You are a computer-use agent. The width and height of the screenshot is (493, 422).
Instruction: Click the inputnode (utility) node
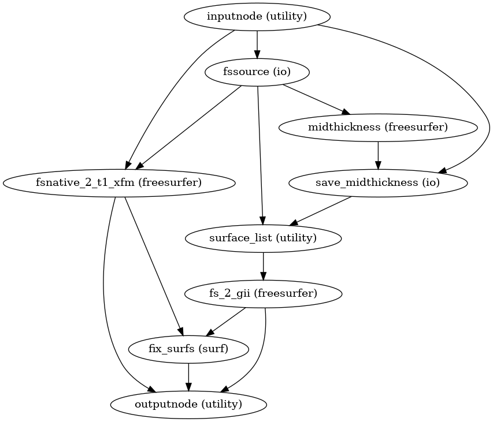click(257, 17)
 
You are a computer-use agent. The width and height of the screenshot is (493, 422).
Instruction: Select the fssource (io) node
click(257, 72)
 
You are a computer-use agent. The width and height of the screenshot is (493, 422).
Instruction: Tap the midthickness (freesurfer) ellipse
click(378, 128)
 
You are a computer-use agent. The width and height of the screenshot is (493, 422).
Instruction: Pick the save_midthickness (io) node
click(378, 183)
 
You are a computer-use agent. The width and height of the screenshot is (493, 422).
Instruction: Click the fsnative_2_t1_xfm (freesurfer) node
click(119, 183)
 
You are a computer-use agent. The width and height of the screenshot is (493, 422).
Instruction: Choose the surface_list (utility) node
click(263, 238)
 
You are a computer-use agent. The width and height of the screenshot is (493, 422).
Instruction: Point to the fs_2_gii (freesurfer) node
click(263, 294)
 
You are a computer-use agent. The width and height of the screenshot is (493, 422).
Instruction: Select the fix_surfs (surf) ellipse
click(188, 349)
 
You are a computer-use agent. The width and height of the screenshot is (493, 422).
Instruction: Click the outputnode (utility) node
click(188, 404)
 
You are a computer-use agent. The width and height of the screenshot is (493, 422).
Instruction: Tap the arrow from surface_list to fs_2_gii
click(263, 266)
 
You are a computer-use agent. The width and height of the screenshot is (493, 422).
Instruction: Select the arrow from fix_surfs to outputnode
click(188, 376)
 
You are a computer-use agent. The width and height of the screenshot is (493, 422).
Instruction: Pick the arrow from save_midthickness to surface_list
click(321, 211)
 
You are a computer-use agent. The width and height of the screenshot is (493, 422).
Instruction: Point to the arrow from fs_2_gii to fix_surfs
click(226, 322)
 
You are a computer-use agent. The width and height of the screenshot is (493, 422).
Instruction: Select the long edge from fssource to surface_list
click(260, 156)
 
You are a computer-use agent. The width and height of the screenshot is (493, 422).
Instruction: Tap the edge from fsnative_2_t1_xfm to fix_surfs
click(153, 266)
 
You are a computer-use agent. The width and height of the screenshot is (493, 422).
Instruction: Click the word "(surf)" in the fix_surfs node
click(215, 349)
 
